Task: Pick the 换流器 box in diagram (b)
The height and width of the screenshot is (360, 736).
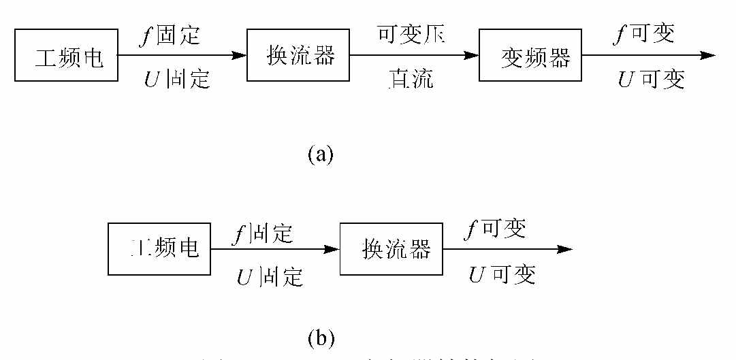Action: pos(391,249)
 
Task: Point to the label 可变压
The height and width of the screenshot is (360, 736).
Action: pos(411,33)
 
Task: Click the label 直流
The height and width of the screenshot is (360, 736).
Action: pos(410,80)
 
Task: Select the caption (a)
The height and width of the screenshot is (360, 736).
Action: pos(321,154)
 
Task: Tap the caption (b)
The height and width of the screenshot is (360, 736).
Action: pos(321,336)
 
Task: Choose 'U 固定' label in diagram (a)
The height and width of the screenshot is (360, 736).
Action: pos(176,80)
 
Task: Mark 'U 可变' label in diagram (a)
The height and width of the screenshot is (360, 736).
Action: pos(650,80)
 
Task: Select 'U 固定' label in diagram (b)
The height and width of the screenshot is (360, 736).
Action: pos(270,276)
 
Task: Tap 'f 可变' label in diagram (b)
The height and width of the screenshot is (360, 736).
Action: pos(494,229)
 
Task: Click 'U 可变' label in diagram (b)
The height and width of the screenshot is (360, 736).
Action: pos(502,274)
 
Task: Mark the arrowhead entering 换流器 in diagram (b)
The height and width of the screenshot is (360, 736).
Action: pos(332,249)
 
